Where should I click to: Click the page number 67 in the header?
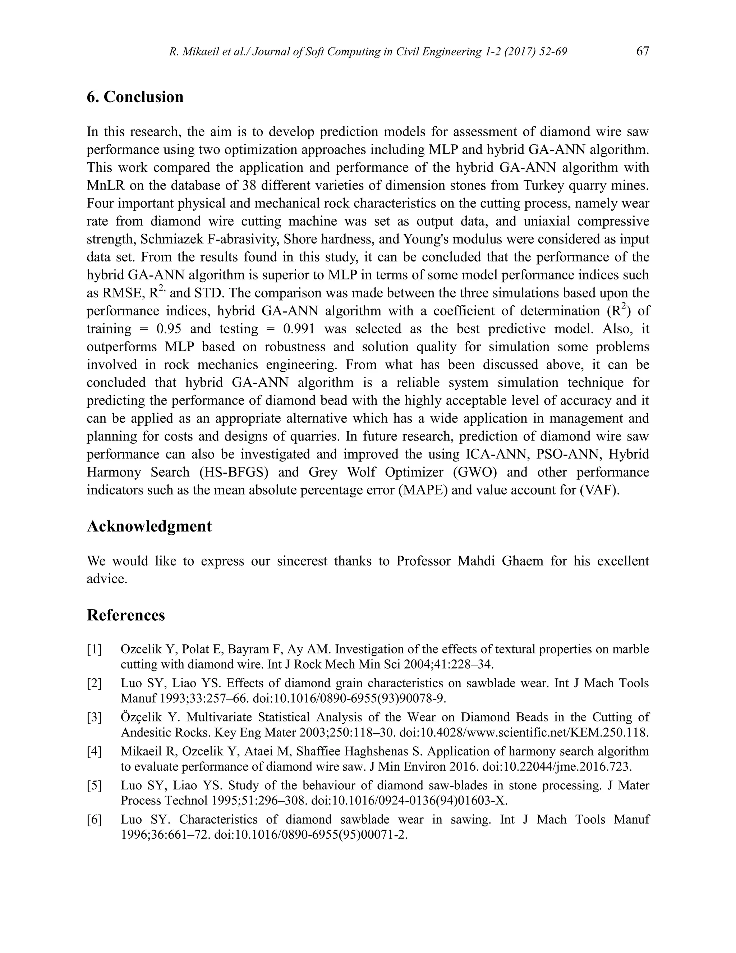(x=642, y=51)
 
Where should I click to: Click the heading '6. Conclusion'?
(x=135, y=97)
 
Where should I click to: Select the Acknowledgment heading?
(x=149, y=526)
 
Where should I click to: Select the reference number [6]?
(x=94, y=820)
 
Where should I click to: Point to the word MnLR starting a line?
(x=106, y=186)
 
